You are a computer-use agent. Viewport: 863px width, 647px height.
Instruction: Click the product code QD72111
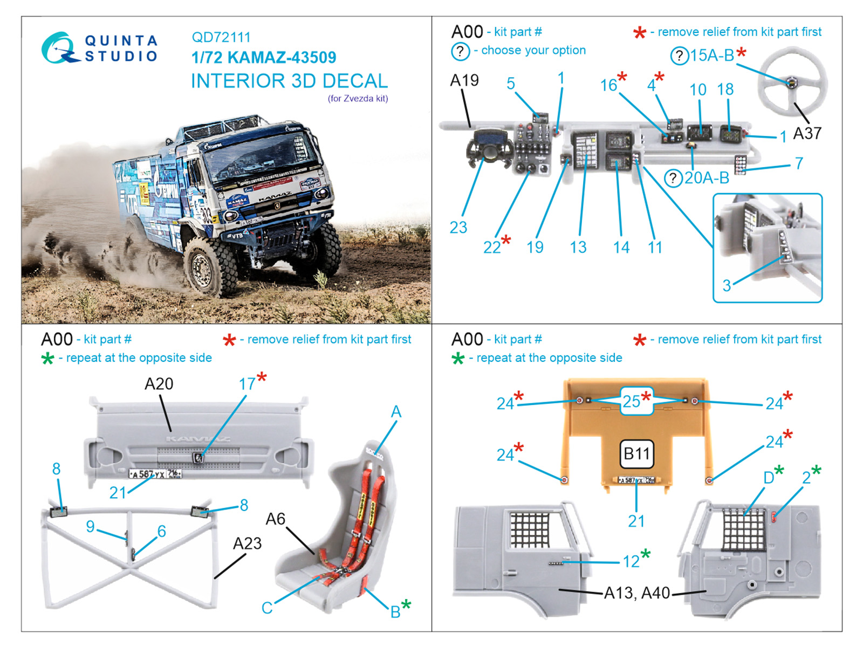click(221, 37)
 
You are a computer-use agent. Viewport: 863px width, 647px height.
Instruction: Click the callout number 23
click(458, 228)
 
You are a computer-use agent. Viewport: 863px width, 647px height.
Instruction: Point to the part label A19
click(464, 80)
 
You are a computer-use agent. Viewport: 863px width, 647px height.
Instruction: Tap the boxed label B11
click(636, 453)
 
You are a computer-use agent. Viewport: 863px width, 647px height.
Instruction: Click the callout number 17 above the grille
click(246, 384)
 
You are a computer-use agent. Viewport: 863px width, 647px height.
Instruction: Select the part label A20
click(159, 384)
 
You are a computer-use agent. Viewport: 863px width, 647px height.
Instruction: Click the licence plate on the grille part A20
click(155, 474)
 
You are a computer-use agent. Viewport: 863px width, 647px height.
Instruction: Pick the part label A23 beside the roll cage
click(247, 543)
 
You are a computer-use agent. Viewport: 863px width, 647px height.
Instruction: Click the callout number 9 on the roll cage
click(90, 526)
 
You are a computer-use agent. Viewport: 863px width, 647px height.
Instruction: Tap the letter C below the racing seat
click(266, 608)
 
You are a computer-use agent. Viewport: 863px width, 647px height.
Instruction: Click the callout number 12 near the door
click(631, 562)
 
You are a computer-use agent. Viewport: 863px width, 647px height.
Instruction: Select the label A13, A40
click(636, 593)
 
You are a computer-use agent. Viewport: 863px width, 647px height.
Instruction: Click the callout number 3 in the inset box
click(727, 286)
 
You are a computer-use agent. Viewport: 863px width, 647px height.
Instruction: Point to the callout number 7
click(799, 163)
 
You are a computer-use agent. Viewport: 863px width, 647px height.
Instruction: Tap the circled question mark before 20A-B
click(673, 178)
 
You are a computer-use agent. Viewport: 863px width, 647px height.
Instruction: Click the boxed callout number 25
click(632, 401)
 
